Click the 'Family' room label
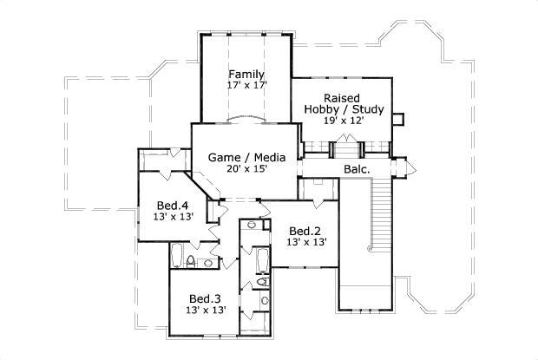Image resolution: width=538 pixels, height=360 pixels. pos(246,75)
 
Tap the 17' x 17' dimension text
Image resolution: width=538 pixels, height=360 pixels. pos(246,87)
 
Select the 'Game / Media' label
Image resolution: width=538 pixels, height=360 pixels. pos(247,157)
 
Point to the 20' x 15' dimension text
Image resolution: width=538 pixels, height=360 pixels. pos(247,169)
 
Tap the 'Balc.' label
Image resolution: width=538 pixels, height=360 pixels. pos(357,169)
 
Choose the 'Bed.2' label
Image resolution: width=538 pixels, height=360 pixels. pos(306,231)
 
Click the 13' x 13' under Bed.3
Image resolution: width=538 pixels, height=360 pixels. pos(207,310)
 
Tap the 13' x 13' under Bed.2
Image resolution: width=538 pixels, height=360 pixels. pos(306,243)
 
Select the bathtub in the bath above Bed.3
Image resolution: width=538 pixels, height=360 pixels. pos(178,257)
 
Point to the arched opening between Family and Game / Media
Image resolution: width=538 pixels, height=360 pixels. pos(246,117)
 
